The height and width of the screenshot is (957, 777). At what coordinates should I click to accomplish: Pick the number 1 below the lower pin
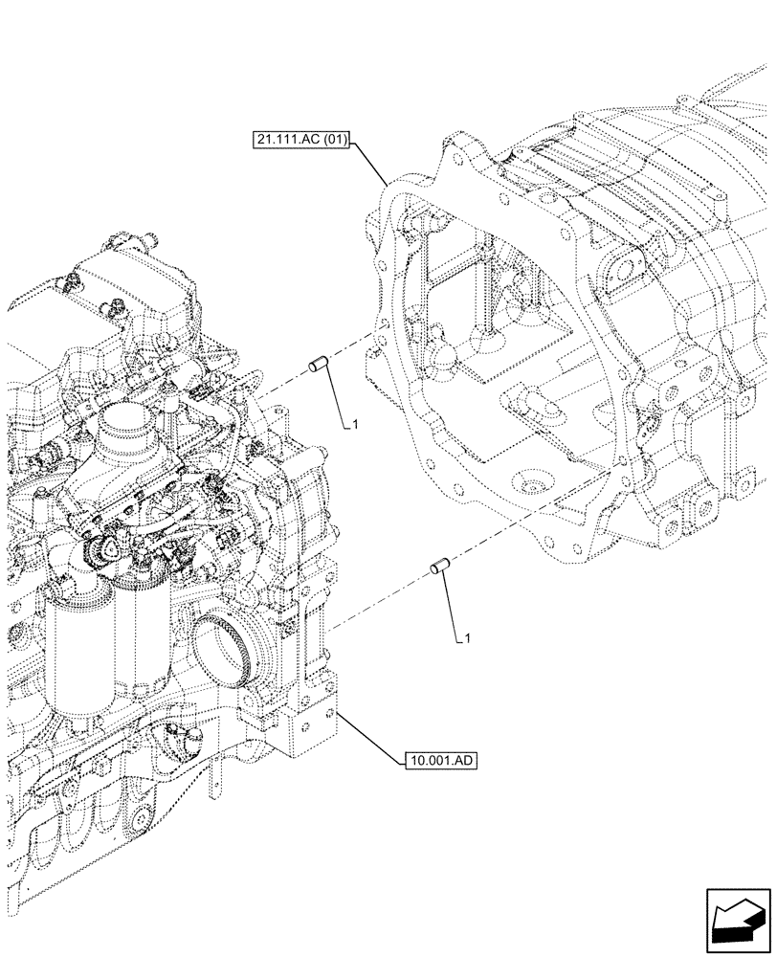467,637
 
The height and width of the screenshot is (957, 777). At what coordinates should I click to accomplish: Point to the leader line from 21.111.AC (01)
370,163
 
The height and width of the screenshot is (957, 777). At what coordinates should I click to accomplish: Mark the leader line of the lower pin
453,605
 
